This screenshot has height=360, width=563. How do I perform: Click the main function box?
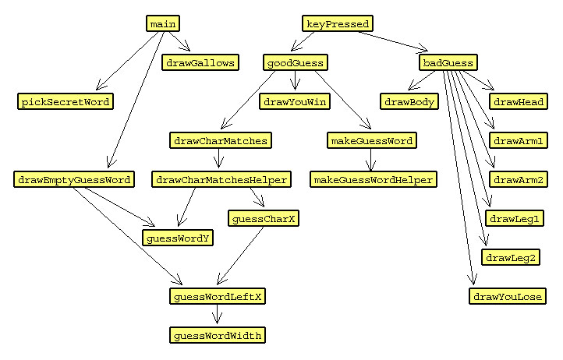click(162, 23)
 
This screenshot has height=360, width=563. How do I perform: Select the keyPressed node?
click(338, 23)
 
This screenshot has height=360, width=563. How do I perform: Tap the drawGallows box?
click(200, 62)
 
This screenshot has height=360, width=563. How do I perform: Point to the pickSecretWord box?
click(66, 101)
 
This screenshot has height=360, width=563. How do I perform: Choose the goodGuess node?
click(294, 62)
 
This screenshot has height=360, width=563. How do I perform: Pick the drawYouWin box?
click(294, 101)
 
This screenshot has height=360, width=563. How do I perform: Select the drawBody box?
click(409, 101)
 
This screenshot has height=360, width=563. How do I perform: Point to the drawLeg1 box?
click(514, 219)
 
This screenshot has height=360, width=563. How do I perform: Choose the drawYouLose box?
click(508, 296)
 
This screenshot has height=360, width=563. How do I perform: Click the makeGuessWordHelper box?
click(373, 179)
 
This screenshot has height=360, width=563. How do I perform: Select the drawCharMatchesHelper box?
click(221, 179)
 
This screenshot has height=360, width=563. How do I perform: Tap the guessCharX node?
click(264, 219)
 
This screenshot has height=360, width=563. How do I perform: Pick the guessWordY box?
click(176, 238)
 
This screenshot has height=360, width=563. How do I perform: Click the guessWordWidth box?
click(218, 335)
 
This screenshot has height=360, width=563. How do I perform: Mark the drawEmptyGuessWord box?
click(73, 179)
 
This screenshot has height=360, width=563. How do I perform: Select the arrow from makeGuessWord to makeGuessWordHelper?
click(371, 160)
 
